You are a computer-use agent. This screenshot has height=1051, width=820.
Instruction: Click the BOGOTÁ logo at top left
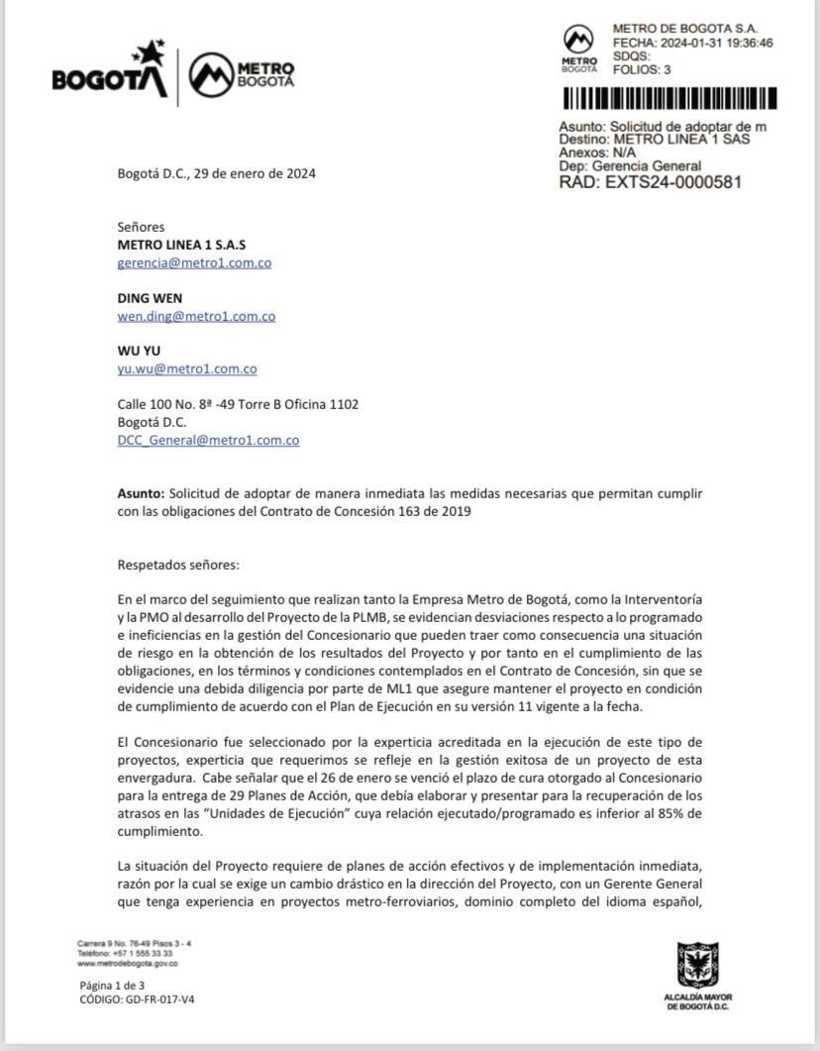click(x=110, y=72)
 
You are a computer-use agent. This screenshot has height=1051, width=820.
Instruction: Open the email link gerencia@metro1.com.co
click(x=194, y=263)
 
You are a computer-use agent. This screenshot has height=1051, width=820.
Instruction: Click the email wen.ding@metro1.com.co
click(x=196, y=316)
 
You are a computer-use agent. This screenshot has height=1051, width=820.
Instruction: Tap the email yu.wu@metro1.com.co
click(x=187, y=368)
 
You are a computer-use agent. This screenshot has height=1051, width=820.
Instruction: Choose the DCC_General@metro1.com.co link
click(x=208, y=440)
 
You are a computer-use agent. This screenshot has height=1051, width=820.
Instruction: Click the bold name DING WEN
click(x=150, y=298)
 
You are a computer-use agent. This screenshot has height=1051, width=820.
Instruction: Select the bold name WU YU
click(x=139, y=351)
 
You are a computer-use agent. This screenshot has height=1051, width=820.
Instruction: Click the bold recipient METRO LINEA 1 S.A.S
click(x=181, y=245)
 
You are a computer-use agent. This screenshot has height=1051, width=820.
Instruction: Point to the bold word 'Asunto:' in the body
click(x=141, y=492)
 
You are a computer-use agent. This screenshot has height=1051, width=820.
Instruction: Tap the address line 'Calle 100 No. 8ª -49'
click(x=238, y=404)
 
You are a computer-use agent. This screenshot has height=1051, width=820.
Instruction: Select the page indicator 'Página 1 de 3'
click(x=112, y=986)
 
